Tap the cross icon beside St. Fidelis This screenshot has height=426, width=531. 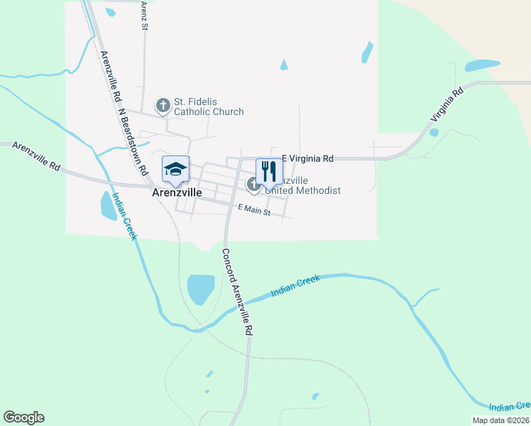(163, 106)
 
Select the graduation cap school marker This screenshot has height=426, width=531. (175, 169)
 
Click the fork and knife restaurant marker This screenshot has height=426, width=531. (268, 171)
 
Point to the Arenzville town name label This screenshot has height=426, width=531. (177, 192)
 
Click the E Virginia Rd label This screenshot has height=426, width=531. (307, 159)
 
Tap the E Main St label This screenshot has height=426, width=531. (254, 209)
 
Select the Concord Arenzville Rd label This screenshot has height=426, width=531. (238, 292)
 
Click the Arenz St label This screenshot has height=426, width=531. (143, 15)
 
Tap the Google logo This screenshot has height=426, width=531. (23, 417)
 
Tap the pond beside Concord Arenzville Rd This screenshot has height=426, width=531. (200, 289)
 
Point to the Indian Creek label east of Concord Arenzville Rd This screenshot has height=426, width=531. (295, 286)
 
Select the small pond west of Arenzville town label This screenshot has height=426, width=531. (109, 206)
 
